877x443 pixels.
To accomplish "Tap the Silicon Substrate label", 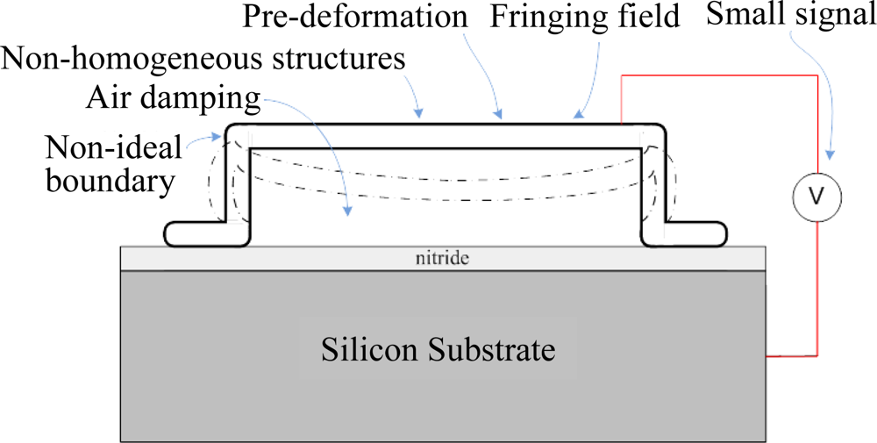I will [x=438, y=350].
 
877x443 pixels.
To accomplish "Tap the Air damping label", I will [x=173, y=98].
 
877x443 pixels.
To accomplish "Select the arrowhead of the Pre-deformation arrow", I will [x=501, y=116].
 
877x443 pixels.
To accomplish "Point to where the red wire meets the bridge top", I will [x=623, y=123].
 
